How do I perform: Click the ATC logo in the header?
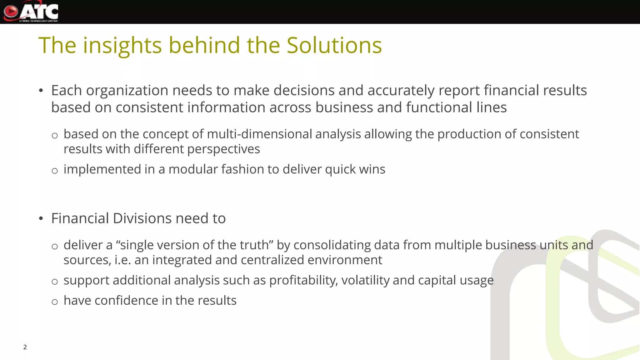click(x=31, y=12)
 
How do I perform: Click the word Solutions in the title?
click(x=334, y=46)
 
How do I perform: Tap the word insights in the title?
click(x=122, y=46)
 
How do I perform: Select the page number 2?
click(x=25, y=347)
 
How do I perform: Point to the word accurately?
click(x=401, y=91)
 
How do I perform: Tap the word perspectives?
click(x=223, y=149)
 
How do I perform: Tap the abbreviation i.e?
click(x=122, y=260)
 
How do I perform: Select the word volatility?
click(x=365, y=280)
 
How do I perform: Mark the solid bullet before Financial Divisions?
click(x=41, y=219)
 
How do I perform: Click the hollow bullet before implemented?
click(x=55, y=171)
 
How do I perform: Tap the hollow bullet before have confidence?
click(x=55, y=302)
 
